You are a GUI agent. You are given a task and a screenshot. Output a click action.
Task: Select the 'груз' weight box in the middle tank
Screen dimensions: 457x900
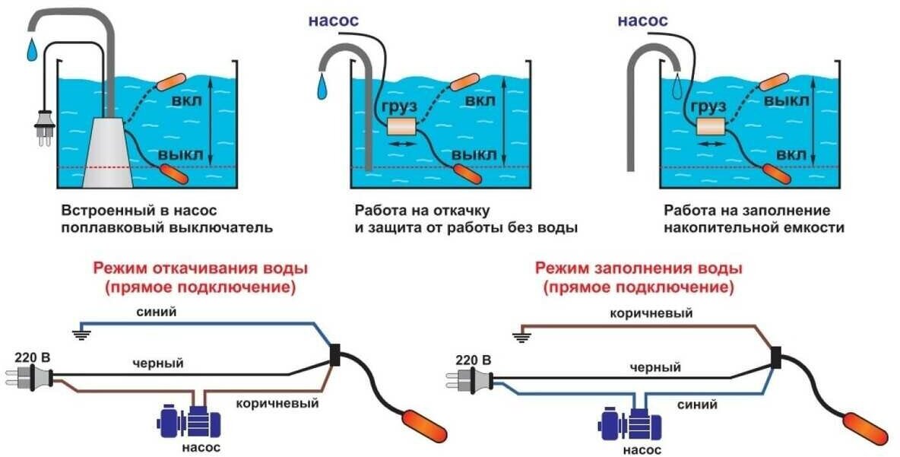(404, 127)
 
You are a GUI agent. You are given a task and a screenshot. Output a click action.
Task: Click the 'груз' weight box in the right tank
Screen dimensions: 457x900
(712, 127)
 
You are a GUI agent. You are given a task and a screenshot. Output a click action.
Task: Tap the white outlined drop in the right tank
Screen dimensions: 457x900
(677, 84)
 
